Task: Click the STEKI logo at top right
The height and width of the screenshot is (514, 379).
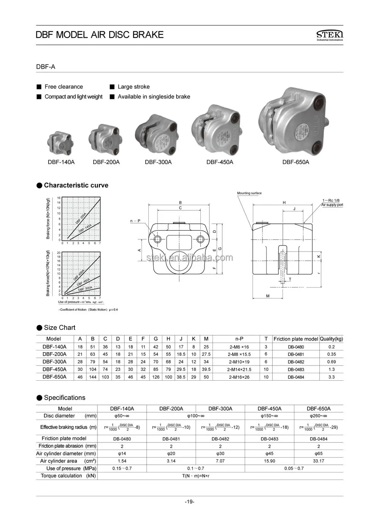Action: pos(329,35)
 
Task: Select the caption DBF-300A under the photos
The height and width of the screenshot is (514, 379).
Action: pos(158,162)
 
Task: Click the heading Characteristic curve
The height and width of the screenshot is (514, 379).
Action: pos(76,185)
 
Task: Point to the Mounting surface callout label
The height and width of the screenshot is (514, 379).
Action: pos(249,193)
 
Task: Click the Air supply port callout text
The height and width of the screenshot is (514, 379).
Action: pos(332,205)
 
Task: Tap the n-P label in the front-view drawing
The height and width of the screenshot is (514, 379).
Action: pos(135,220)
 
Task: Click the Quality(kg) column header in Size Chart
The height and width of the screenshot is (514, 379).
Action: pos(331,339)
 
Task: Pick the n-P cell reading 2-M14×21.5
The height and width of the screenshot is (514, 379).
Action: pos(239,369)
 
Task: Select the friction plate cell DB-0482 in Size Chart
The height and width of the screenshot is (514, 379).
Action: pos(296,362)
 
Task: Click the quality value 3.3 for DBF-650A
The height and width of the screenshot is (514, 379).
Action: pos(331,377)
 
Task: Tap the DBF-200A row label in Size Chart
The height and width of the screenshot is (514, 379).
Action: pos(54,354)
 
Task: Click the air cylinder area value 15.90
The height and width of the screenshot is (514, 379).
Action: pos(269,461)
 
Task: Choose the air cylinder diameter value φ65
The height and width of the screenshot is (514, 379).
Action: pos(318,453)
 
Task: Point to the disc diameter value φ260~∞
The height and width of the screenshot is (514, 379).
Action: pos(318,416)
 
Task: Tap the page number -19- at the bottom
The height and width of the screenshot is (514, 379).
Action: pos(189,502)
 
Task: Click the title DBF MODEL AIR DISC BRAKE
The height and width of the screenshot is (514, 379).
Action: pos(99,35)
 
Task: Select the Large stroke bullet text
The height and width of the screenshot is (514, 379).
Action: pos(134,87)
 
